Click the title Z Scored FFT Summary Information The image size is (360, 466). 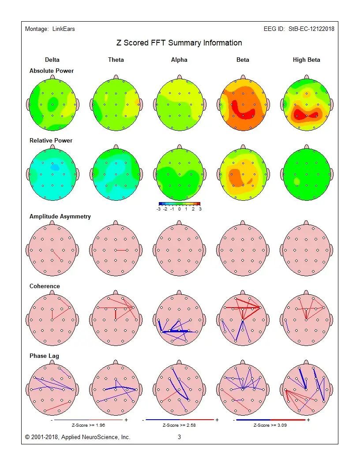(x=179, y=43)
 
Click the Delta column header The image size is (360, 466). (x=52, y=60)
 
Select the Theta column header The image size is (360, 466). (x=116, y=60)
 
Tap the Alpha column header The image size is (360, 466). (x=179, y=60)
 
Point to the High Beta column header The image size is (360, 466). (x=306, y=60)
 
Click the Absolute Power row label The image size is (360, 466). (x=52, y=71)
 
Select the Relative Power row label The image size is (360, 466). (x=51, y=140)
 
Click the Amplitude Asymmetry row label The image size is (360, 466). (x=60, y=216)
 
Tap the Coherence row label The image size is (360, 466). (x=45, y=286)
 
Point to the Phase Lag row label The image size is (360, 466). (x=44, y=356)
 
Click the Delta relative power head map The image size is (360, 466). (x=52, y=175)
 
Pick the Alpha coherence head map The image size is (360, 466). (x=180, y=320)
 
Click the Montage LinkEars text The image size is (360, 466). (x=50, y=29)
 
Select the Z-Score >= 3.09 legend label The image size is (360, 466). (x=270, y=425)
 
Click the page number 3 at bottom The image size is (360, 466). (x=180, y=437)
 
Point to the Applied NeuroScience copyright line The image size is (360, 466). (x=78, y=437)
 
